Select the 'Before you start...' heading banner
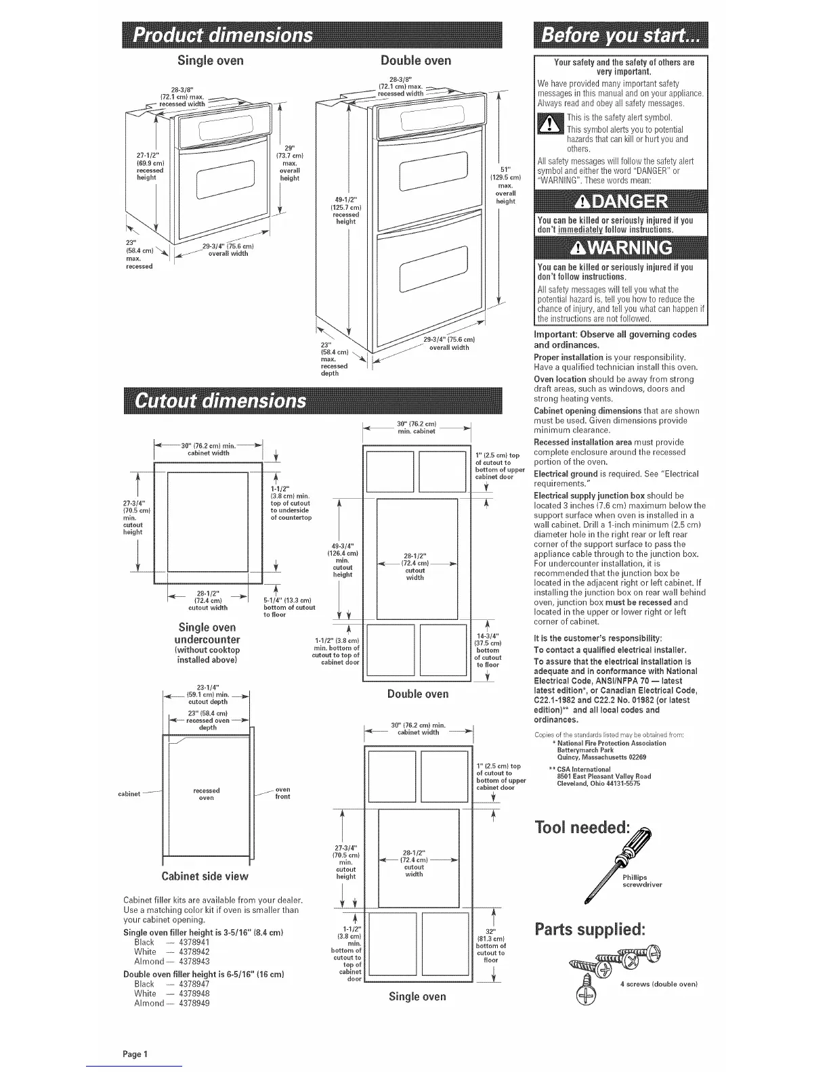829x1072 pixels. (620, 35)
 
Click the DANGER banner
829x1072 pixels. (620, 202)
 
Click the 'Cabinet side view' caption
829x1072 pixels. (205, 876)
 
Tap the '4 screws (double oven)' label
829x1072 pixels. (658, 983)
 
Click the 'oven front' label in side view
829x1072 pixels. (282, 793)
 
